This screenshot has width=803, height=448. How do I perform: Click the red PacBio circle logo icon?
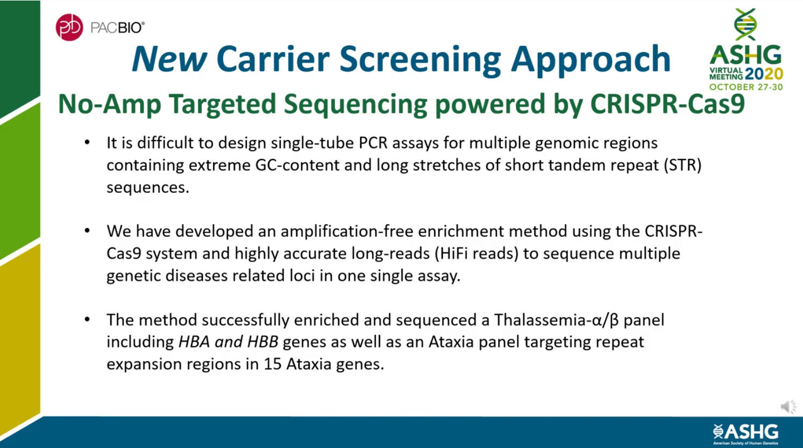69,27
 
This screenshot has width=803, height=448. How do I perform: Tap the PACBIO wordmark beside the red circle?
117,28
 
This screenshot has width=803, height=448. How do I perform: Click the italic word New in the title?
169,59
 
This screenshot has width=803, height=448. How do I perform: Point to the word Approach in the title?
590,60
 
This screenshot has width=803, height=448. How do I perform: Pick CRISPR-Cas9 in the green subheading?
667,104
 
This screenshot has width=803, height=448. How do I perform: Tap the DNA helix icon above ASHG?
746,24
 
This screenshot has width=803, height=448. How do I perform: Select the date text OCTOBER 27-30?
746,87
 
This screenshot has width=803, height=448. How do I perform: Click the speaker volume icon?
788,407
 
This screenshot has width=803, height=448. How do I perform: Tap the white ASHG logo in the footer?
746,432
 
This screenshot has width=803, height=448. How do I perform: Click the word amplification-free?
347,231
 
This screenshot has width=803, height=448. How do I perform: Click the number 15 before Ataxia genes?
272,364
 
